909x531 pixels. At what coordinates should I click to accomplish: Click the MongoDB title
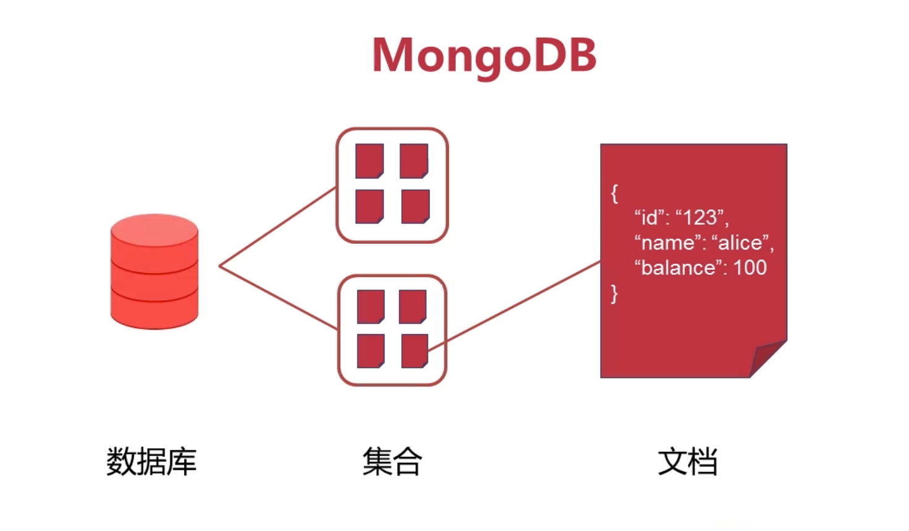[484, 57]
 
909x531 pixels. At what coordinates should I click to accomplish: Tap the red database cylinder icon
[154, 272]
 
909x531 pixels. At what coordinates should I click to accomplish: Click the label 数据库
[151, 461]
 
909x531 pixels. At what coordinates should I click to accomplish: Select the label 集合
[392, 461]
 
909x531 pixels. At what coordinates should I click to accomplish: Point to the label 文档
[687, 461]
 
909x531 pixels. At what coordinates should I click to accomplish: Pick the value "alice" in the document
[740, 243]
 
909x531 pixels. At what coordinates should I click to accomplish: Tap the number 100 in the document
[750, 268]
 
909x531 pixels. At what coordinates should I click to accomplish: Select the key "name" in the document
[667, 243]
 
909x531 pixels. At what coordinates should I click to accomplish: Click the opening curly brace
[614, 194]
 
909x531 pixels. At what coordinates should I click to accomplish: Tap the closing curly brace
[614, 294]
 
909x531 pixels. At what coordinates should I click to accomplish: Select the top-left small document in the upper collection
[370, 161]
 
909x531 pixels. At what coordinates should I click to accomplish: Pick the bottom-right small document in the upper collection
[416, 206]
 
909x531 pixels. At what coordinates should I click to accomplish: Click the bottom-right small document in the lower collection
[415, 351]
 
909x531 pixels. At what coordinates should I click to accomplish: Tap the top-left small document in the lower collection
[371, 307]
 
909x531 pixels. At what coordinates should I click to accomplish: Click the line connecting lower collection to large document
[514, 306]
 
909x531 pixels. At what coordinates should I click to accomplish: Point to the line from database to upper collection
[277, 227]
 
